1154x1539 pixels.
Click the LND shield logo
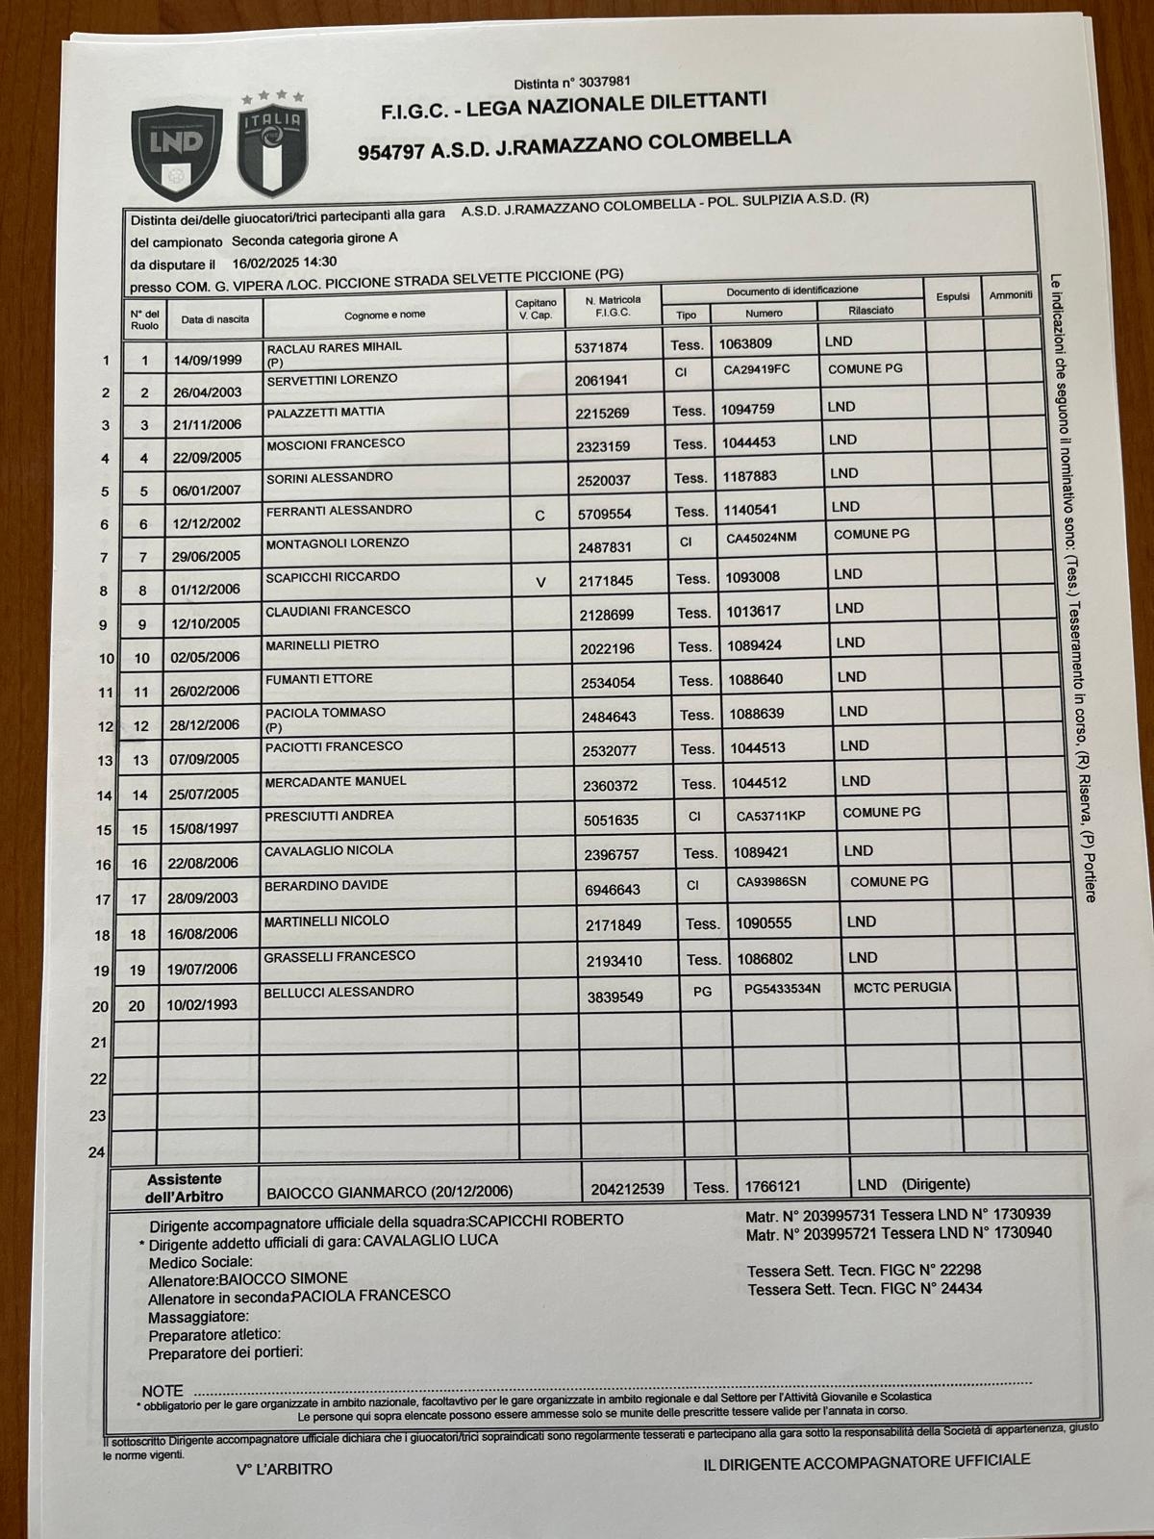[177, 148]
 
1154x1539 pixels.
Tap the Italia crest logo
[273, 145]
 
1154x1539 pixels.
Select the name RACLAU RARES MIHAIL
[334, 346]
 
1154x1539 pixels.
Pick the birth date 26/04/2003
[206, 392]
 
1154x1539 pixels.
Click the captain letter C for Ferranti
[539, 516]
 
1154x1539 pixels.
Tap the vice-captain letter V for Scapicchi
[540, 582]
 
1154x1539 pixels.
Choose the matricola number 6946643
[612, 890]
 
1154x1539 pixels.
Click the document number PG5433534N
[782, 988]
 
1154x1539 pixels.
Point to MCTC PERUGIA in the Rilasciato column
[901, 987]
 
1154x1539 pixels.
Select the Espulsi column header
[952, 296]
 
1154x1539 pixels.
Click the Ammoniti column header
[1011, 294]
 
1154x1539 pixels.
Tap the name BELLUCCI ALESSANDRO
[339, 992]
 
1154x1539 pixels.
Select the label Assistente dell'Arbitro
[184, 1188]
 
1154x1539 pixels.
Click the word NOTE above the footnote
[162, 1391]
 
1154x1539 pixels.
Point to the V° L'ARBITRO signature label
[284, 1469]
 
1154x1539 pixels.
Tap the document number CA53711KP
[770, 817]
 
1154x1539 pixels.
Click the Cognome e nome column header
[385, 315]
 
